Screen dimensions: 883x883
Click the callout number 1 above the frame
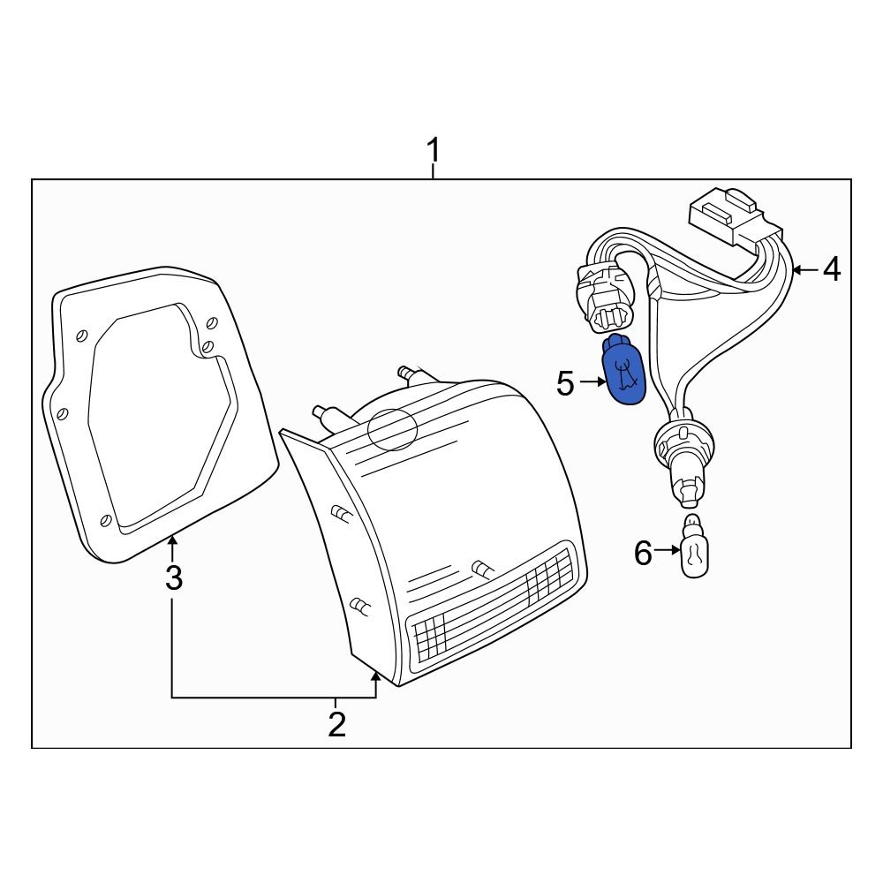(433, 151)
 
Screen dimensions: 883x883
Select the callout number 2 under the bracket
(336, 724)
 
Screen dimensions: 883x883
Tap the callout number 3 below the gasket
(174, 579)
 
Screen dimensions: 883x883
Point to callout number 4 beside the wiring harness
(831, 269)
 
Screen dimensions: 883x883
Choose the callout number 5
(566, 383)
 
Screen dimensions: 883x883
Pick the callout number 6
(643, 554)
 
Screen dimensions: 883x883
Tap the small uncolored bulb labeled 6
(696, 554)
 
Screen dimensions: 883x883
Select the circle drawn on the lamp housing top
(392, 429)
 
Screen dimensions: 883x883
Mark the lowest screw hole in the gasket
(106, 522)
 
